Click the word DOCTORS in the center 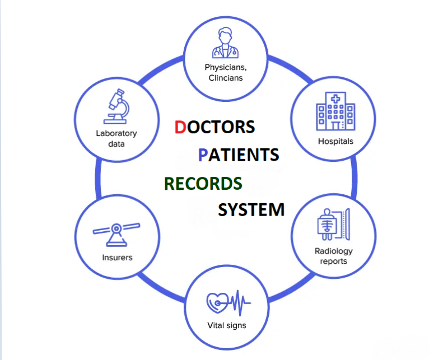click(214, 127)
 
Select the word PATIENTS click(239, 154)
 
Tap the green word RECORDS click(203, 183)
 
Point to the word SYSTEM click(251, 210)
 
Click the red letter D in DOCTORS click(180, 127)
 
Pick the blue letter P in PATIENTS click(204, 154)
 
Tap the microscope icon click(116, 107)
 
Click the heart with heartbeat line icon click(227, 303)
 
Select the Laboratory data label click(116, 138)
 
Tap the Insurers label click(117, 258)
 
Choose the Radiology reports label click(334, 256)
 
